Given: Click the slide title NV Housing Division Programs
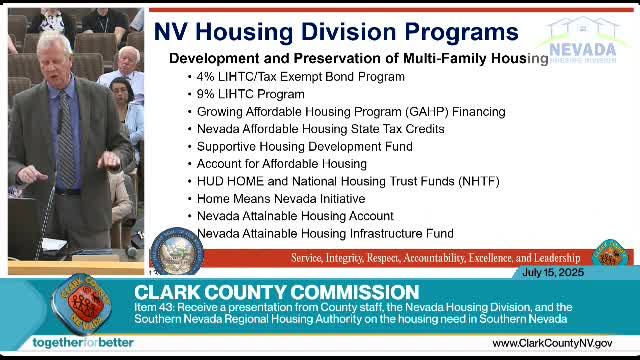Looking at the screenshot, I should [x=335, y=31].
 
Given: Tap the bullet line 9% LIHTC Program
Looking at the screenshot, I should [x=236, y=94].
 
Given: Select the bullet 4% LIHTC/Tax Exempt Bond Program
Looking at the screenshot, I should [x=286, y=76].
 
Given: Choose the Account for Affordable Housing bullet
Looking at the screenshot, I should [x=281, y=164].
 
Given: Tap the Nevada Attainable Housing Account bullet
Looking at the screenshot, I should [x=295, y=216].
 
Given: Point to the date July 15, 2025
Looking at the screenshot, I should [x=552, y=273].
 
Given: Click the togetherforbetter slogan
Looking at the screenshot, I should [x=82, y=343].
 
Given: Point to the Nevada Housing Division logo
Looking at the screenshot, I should [x=581, y=40].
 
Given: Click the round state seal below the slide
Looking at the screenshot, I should [x=176, y=252].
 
